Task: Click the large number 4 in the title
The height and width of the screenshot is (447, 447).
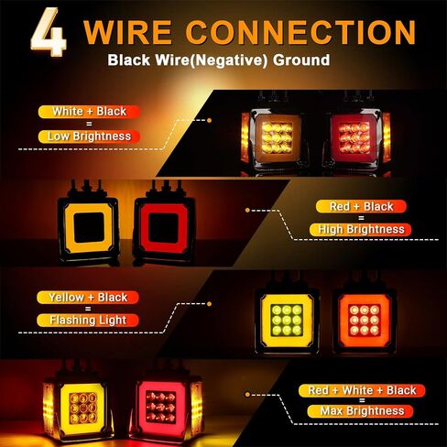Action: click(49, 32)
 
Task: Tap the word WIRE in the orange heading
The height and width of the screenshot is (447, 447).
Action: click(127, 32)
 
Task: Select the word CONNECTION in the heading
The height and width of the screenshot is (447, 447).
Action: click(300, 32)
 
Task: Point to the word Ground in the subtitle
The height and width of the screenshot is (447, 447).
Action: click(301, 60)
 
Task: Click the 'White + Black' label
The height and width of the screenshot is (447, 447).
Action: click(89, 112)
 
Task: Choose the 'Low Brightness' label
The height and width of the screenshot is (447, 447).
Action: click(89, 136)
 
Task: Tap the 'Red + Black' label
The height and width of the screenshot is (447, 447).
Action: click(361, 207)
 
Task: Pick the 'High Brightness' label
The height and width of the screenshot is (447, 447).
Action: click(361, 229)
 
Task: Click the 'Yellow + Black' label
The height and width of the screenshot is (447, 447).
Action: click(88, 298)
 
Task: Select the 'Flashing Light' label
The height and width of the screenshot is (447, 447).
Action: click(88, 321)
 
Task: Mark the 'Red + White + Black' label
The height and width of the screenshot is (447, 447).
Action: click(362, 390)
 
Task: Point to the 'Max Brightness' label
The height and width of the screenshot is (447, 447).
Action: click(362, 411)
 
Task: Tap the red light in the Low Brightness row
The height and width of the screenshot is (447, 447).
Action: click(356, 137)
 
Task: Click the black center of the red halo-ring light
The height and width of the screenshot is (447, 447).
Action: click(163, 228)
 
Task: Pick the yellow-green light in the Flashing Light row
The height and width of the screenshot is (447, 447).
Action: click(287, 321)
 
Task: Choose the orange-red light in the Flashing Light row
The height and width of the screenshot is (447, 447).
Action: click(364, 321)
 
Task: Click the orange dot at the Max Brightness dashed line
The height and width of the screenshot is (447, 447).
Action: click(247, 395)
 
